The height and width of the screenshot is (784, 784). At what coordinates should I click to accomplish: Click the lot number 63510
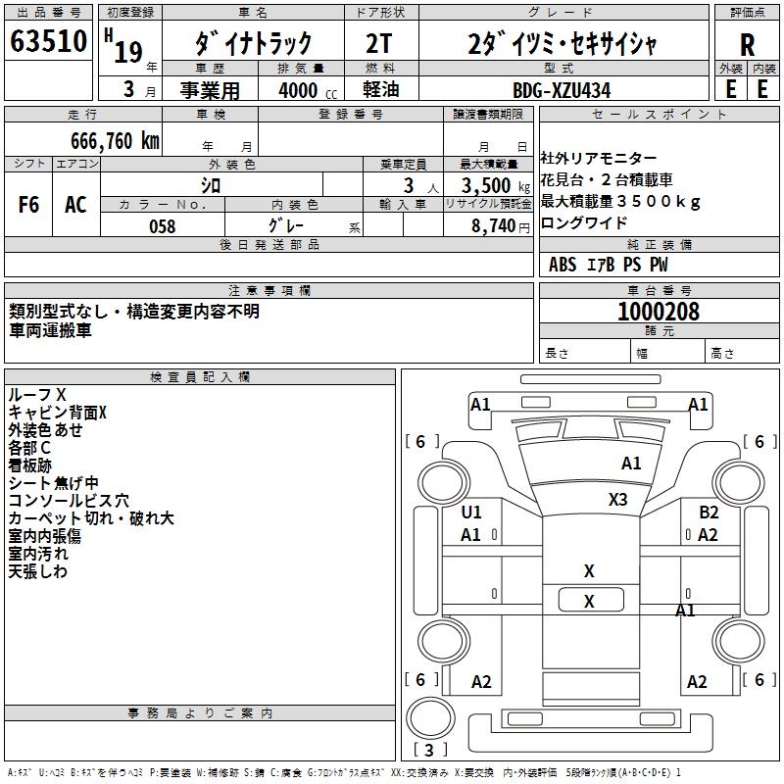click(49, 43)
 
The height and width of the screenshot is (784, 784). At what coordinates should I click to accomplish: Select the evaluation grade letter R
click(747, 44)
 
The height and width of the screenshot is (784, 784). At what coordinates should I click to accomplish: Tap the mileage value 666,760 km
click(115, 140)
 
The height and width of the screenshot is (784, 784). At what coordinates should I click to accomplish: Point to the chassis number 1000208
click(658, 312)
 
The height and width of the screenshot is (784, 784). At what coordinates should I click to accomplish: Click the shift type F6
click(29, 205)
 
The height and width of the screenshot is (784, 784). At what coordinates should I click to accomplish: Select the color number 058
click(163, 226)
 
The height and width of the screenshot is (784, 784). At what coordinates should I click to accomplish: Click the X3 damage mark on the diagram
click(617, 500)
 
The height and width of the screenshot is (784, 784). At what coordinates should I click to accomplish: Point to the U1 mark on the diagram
click(471, 512)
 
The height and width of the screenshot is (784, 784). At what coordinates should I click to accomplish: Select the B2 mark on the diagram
click(709, 512)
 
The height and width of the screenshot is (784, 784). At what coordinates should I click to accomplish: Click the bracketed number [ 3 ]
click(430, 750)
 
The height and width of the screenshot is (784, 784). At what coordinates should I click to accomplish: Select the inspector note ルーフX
click(37, 394)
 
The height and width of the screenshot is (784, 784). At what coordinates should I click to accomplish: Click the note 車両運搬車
click(50, 330)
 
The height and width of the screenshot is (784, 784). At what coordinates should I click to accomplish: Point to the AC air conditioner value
click(75, 205)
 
